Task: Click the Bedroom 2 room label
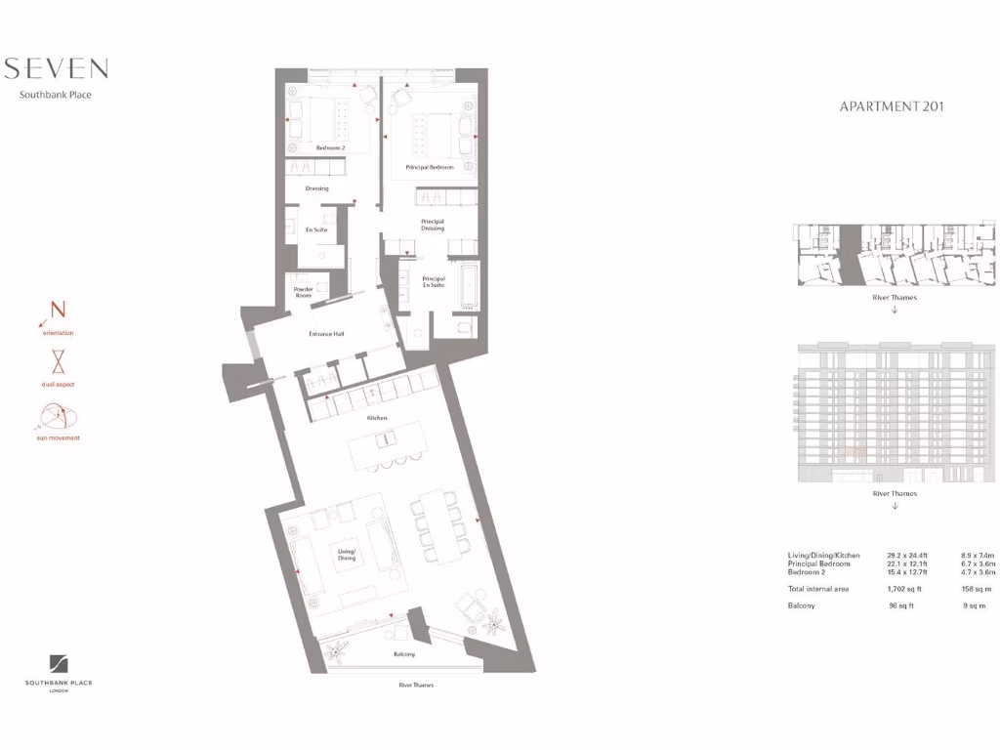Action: coord(330,147)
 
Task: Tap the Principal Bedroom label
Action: coord(430,167)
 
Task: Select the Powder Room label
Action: coord(304,292)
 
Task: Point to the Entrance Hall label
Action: coord(326,334)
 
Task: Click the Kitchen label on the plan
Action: coord(377,418)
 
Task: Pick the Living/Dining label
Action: coord(348,554)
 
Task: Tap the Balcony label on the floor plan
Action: coord(404,654)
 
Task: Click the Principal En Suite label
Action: coord(433,281)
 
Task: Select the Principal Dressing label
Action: coord(433,225)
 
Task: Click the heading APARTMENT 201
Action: coord(892,106)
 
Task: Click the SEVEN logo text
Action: coord(56,68)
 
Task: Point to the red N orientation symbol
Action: coord(56,313)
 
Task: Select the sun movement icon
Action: coord(58,417)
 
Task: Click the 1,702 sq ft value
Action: coord(905,589)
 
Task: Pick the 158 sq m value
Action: coord(978,589)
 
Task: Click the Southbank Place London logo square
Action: coord(59,664)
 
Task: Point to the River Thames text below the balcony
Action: coord(416,686)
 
